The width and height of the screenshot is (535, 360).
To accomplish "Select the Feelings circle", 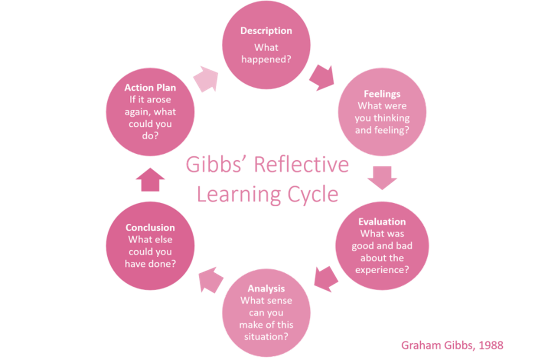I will tap(382, 112).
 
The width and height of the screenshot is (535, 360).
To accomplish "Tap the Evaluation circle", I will tap(382, 245).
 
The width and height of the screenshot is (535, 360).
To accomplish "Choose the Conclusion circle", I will tap(150, 245).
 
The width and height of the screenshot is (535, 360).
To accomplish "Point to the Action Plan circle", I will tap(150, 112).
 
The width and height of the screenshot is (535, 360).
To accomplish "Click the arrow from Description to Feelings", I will tap(322, 77).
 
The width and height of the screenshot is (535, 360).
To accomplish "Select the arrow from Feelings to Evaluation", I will tap(382, 177).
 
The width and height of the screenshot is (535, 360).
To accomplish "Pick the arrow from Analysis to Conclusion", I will tap(211, 280).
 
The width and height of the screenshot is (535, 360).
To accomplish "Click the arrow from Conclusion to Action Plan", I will tap(150, 179).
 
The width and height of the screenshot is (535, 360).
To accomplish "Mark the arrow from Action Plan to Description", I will tap(206, 78).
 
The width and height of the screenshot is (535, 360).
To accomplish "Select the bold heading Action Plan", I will tap(150, 88).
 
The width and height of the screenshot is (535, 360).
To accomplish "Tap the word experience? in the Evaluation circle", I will tap(382, 269).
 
